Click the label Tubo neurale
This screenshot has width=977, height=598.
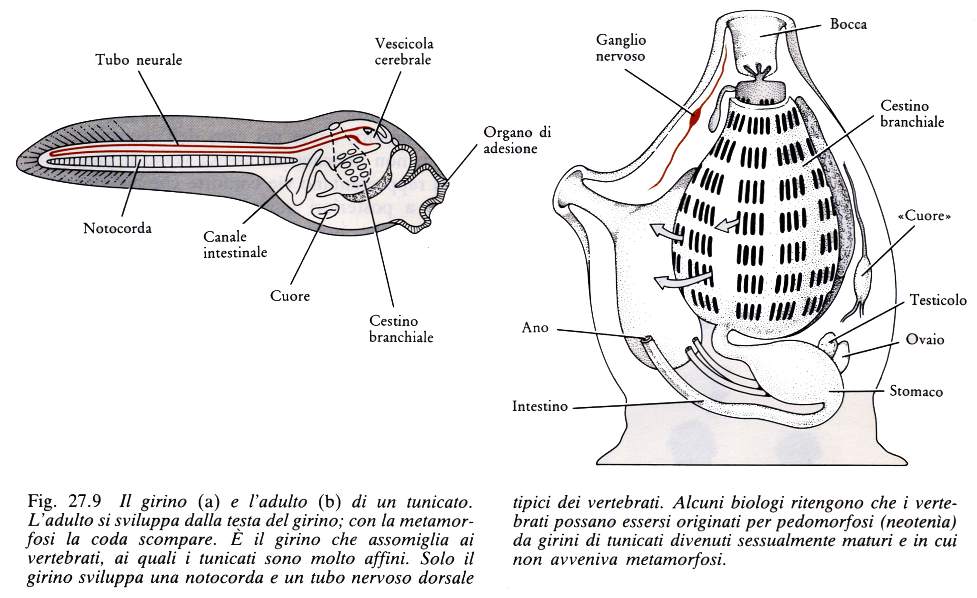click(x=139, y=60)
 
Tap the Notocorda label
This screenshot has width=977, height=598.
click(x=117, y=228)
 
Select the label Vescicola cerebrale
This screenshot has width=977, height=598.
click(x=404, y=51)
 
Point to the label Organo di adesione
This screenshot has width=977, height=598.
click(x=517, y=140)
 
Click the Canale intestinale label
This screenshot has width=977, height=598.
click(x=235, y=245)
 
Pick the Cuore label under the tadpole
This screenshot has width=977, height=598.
click(x=290, y=296)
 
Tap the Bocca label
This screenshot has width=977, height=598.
click(x=848, y=24)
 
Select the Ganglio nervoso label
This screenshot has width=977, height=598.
click(x=621, y=48)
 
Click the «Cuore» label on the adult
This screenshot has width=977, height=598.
click(x=924, y=216)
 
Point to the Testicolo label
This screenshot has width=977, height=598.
click(x=938, y=300)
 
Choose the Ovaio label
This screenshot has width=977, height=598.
click(x=925, y=340)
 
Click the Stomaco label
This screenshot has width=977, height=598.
click(x=916, y=392)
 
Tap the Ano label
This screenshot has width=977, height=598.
click(x=535, y=328)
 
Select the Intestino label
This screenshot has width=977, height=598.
click(x=540, y=406)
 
